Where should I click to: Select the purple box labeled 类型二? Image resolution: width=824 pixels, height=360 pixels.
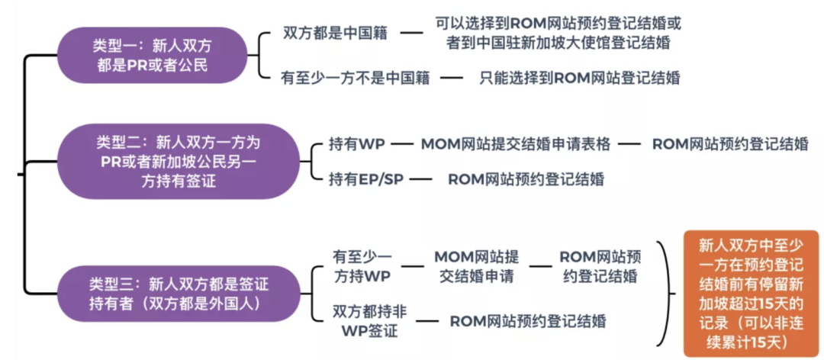[178, 161]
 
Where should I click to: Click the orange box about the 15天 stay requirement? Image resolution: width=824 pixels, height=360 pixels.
[751, 294]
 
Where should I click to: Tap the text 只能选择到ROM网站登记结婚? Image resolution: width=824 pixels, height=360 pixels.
[580, 77]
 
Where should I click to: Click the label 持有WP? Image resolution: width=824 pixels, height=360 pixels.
[356, 144]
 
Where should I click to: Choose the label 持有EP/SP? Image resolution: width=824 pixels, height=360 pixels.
[366, 179]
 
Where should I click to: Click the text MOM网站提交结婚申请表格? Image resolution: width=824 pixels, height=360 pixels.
[515, 144]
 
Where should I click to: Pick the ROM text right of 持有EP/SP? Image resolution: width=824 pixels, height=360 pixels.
[526, 179]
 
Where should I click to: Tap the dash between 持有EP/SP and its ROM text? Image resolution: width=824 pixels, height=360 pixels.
[420, 180]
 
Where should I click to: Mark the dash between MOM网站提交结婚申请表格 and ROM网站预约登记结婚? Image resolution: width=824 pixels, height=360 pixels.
[627, 144]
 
